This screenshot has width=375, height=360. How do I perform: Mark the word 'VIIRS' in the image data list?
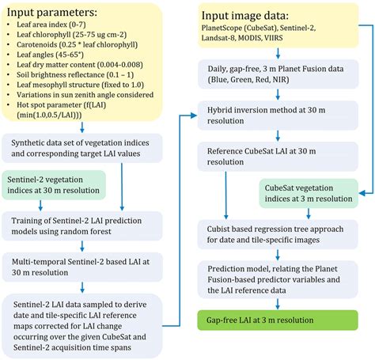pos(295,43)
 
